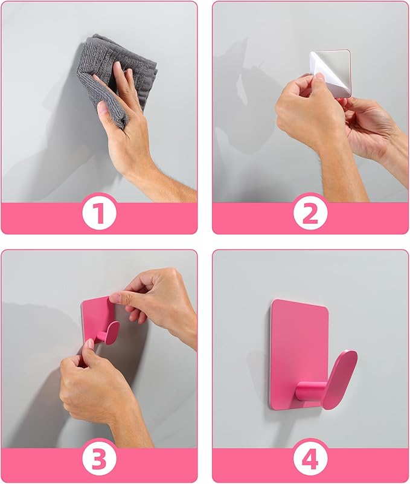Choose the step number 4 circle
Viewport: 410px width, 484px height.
310,460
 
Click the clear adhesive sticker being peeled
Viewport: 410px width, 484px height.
330,72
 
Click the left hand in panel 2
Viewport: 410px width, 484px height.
305,115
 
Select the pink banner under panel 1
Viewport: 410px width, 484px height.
36,218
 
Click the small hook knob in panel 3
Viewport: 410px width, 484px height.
111,332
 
